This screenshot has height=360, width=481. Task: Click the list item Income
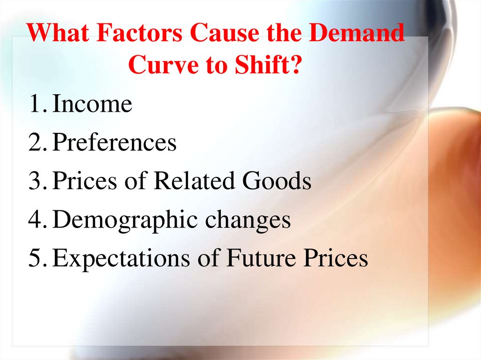tap(92, 104)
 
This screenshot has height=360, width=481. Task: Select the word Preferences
tap(114, 143)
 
